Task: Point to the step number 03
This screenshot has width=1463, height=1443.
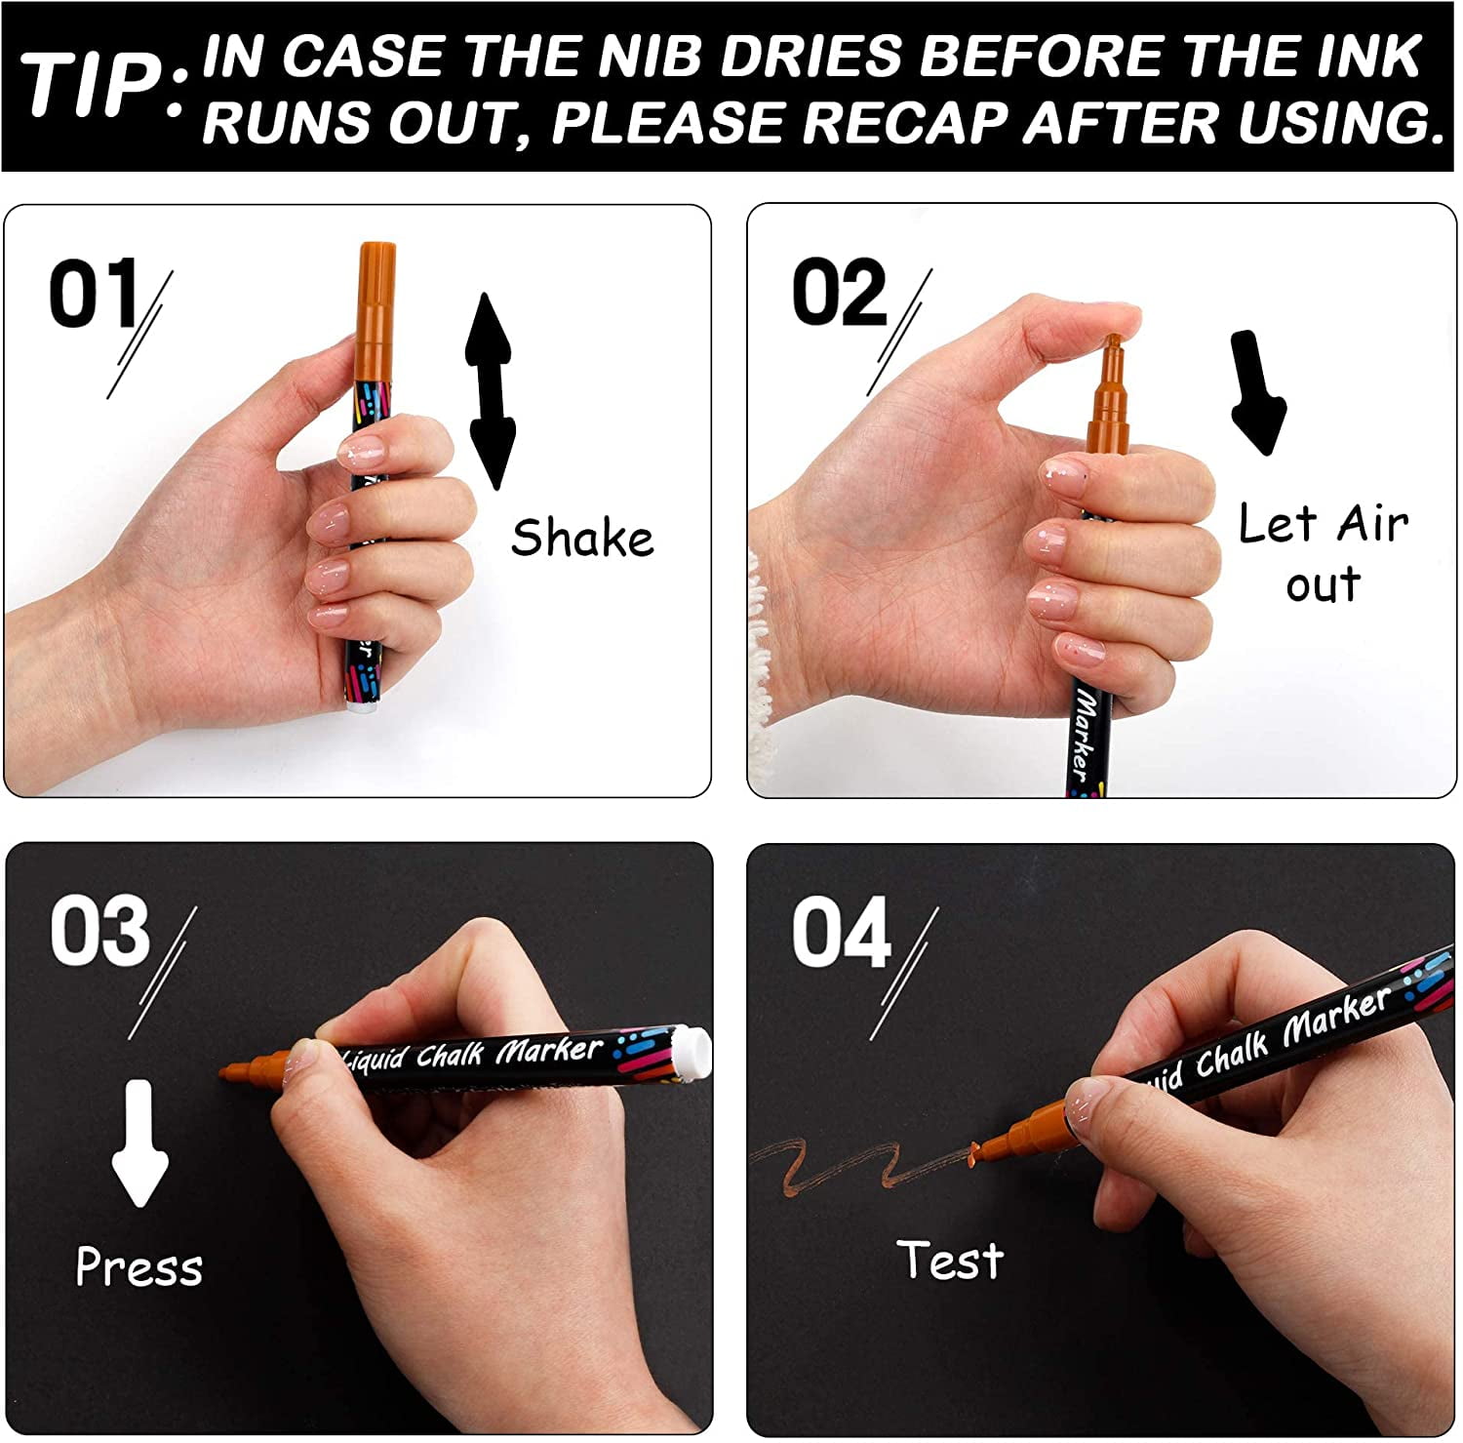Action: [x=100, y=932]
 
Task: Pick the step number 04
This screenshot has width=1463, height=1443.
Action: [x=841, y=933]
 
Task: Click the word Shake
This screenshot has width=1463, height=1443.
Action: [x=582, y=538]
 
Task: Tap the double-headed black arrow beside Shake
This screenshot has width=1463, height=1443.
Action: [x=489, y=390]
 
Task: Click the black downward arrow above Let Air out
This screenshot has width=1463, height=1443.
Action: [x=1257, y=392]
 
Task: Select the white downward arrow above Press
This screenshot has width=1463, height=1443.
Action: [x=139, y=1143]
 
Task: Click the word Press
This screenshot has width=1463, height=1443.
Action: [x=139, y=1267]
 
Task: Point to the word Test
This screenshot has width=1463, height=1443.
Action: [x=950, y=1260]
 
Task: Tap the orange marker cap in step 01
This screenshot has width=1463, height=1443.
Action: [x=376, y=302]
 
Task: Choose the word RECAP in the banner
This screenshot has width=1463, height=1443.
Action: [x=908, y=123]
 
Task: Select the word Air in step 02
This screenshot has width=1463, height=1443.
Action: [x=1372, y=525]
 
